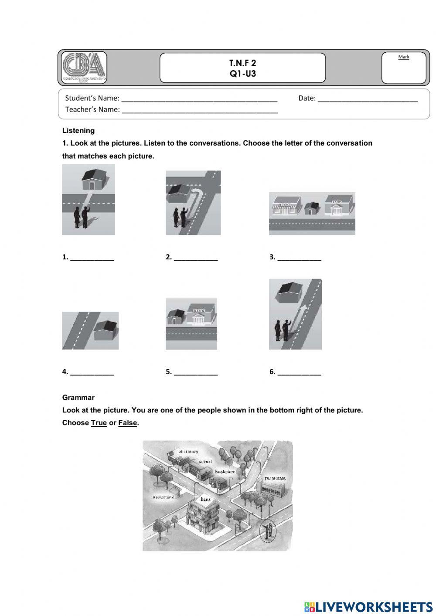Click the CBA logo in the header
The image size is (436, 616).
(x=84, y=68)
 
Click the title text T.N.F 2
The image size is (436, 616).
(x=243, y=63)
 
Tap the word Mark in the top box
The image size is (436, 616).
(x=404, y=57)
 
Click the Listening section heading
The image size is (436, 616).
(x=78, y=130)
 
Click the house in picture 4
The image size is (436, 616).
(x=106, y=330)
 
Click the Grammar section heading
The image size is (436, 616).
(x=78, y=398)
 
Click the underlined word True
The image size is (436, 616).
(x=99, y=423)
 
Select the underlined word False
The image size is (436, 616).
(x=128, y=423)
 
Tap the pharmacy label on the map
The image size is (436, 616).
(x=188, y=452)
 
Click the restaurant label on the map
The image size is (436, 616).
(x=275, y=478)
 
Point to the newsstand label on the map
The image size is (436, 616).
(x=163, y=497)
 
